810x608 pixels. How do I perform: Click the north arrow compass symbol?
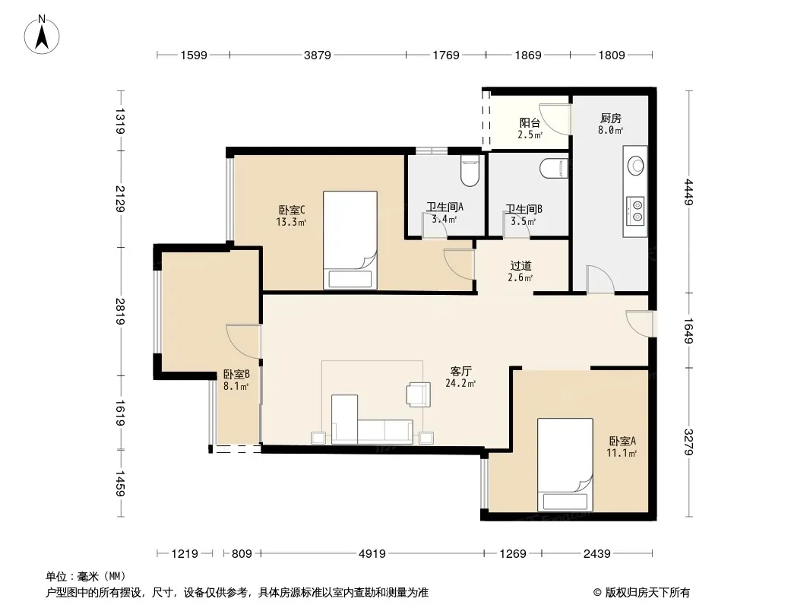[42, 35]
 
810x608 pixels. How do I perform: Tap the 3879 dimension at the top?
[317, 55]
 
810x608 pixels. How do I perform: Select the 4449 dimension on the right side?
[688, 192]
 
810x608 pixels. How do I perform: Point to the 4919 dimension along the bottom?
[372, 554]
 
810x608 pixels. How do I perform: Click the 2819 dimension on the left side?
[120, 312]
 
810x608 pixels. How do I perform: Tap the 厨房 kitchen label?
[611, 119]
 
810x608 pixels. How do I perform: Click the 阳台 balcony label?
[530, 123]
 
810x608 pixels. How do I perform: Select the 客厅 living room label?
[460, 372]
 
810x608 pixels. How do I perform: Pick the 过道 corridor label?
[520, 266]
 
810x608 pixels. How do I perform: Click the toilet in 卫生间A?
[470, 170]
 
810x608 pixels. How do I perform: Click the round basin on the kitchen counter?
[635, 166]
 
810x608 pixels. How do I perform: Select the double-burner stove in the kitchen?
[635, 211]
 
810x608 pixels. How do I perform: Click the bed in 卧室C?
[350, 240]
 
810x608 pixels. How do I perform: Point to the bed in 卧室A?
[565, 465]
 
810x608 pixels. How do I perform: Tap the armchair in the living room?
[419, 394]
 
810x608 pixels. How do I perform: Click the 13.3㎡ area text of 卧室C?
[291, 223]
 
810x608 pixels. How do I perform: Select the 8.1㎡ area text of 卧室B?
[236, 386]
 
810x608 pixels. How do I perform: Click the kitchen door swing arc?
[603, 277]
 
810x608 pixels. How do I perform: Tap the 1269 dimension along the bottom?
[513, 554]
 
